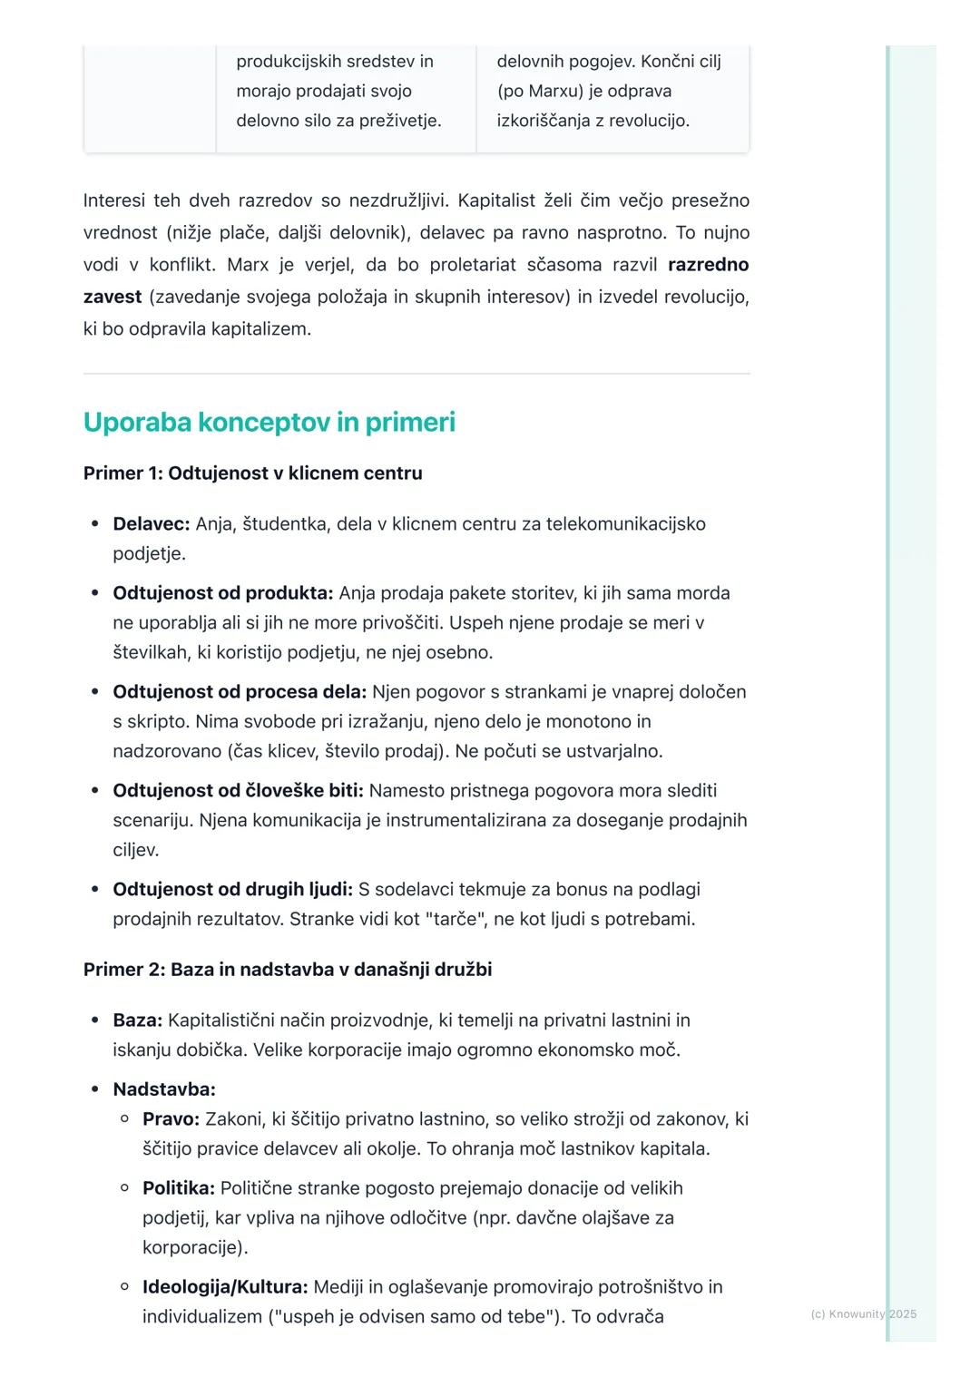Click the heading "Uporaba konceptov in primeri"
click(x=269, y=422)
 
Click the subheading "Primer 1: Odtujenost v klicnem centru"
click(x=252, y=473)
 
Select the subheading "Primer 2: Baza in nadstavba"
click(x=287, y=969)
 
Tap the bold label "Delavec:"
click(x=151, y=523)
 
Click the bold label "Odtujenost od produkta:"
click(x=222, y=592)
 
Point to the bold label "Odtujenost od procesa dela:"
click(x=239, y=691)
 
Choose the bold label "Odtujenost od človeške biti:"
click(x=238, y=790)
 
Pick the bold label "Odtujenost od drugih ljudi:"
click(x=232, y=889)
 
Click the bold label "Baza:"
click(x=137, y=1020)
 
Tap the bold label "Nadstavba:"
click(x=164, y=1088)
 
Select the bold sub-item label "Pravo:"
click(x=171, y=1118)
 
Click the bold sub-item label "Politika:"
click(x=179, y=1187)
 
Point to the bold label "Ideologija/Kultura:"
click(x=225, y=1286)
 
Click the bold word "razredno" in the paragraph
click(x=708, y=265)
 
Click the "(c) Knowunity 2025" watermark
click(x=863, y=1313)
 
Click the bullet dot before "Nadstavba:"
click(x=95, y=1088)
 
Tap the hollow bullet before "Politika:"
click(x=125, y=1187)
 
